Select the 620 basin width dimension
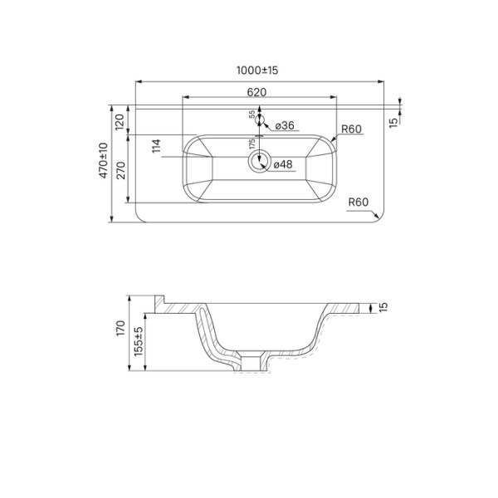point(256,92)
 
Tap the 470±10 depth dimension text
point(104,160)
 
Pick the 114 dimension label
point(155,147)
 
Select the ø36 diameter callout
point(283,125)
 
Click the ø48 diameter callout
point(283,164)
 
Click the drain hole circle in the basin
point(259,163)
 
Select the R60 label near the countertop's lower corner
point(359,202)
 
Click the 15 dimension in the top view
point(393,121)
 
